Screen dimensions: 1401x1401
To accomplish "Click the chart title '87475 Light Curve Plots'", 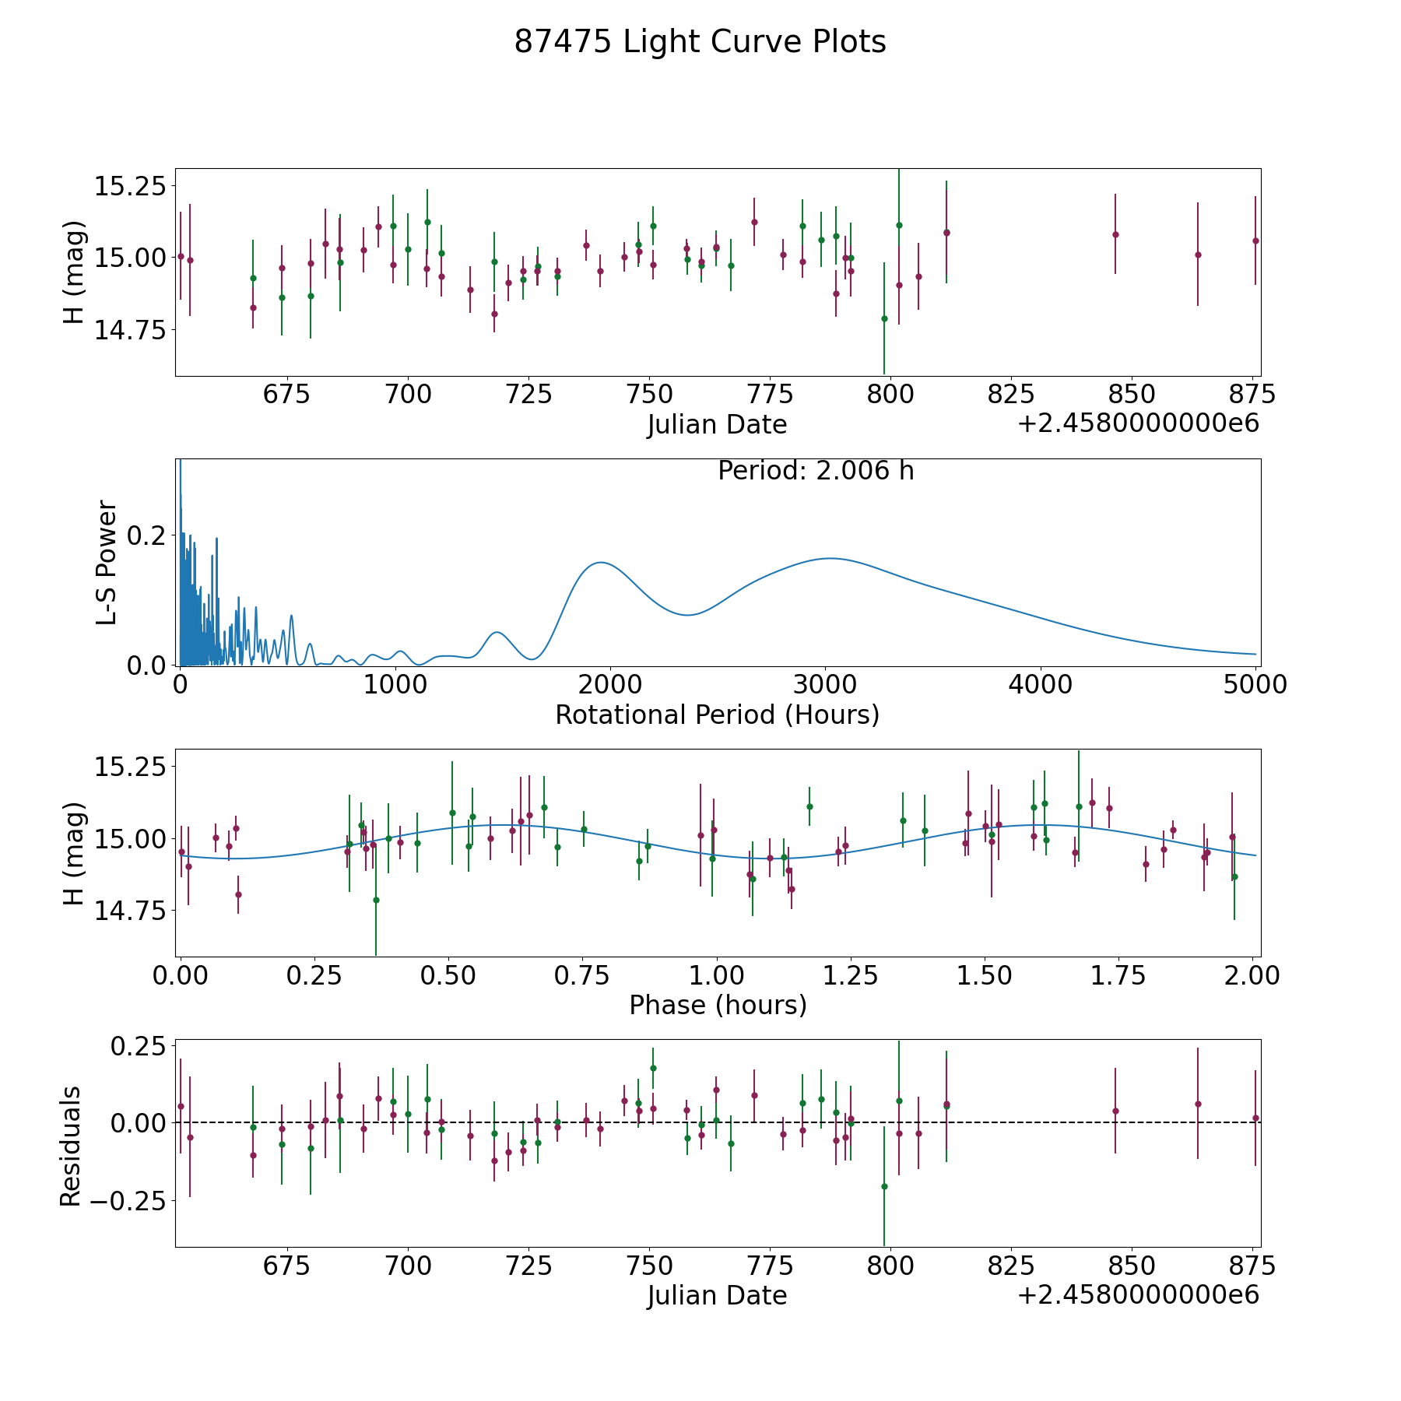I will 700,42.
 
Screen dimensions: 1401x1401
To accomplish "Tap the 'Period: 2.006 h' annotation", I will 816,471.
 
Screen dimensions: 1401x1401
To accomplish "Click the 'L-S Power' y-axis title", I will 107,563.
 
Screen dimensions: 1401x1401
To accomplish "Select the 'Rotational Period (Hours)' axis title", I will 717,715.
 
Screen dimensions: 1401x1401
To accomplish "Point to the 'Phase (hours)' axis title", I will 718,1005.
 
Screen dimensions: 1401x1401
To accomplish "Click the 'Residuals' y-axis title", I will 71,1146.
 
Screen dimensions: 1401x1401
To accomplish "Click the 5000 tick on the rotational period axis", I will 1255,685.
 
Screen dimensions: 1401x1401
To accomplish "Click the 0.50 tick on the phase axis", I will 448,975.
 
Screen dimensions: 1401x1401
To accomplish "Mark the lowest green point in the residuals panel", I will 884,1186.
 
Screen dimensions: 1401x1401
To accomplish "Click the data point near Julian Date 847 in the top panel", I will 1115,234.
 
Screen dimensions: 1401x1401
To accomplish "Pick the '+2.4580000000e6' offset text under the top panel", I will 1138,424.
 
